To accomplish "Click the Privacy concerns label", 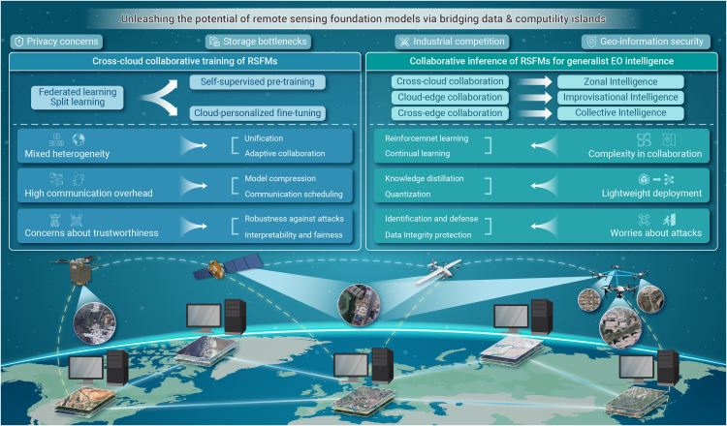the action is (57, 42).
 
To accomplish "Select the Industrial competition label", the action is (452, 42).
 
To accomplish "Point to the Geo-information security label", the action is (646, 42).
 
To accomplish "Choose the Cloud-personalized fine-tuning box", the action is (257, 114).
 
